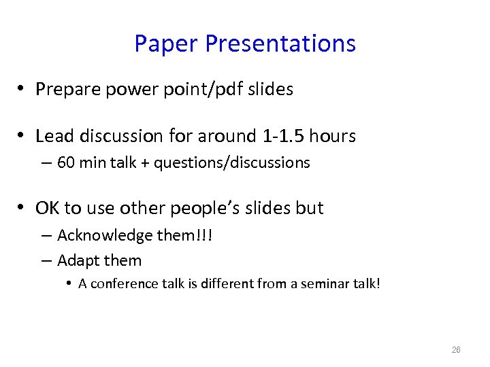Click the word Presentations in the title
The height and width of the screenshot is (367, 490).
click(280, 44)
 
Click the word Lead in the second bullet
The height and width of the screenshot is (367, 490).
click(54, 137)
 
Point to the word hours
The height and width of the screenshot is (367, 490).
click(332, 137)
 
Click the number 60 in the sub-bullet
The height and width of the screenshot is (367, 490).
click(66, 163)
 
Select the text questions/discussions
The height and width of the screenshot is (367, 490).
click(231, 163)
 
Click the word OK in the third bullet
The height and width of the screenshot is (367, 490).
click(48, 208)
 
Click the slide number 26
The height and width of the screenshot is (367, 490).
click(456, 350)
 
